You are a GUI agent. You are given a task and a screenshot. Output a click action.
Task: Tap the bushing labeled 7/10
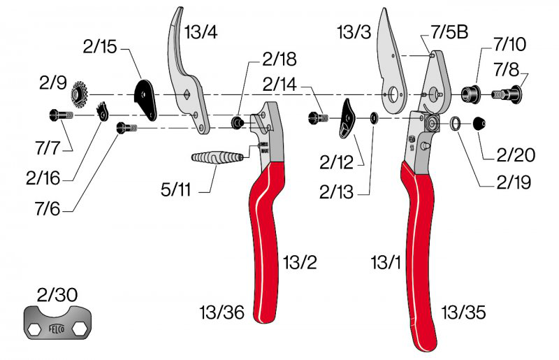click(469, 92)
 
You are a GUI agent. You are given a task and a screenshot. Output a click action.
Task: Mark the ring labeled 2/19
click(454, 124)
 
